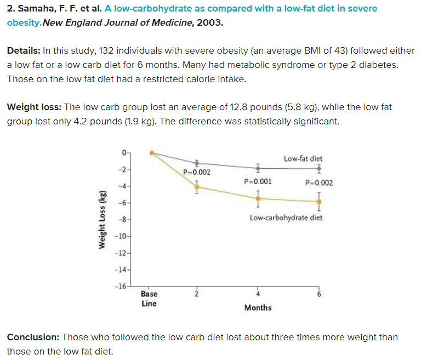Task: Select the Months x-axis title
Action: pyautogui.click(x=258, y=307)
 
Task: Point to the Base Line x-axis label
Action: pyautogui.click(x=149, y=299)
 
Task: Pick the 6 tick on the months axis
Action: pyautogui.click(x=318, y=294)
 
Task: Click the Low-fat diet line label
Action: pyautogui.click(x=303, y=159)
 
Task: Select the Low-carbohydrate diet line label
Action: pyautogui.click(x=286, y=218)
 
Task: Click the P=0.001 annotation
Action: pyautogui.click(x=257, y=181)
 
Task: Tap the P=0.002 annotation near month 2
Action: pyautogui.click(x=196, y=173)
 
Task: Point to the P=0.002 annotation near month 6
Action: pyautogui.click(x=318, y=183)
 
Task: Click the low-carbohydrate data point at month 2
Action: pyautogui.click(x=197, y=187)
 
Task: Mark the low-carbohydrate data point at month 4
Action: pyautogui.click(x=258, y=198)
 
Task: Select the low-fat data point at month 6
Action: pyautogui.click(x=318, y=168)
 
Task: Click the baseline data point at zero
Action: pyautogui.click(x=153, y=153)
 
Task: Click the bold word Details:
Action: pyautogui.click(x=24, y=50)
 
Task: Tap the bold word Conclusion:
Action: pyautogui.click(x=33, y=337)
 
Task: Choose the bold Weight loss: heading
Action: pyautogui.click(x=34, y=107)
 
